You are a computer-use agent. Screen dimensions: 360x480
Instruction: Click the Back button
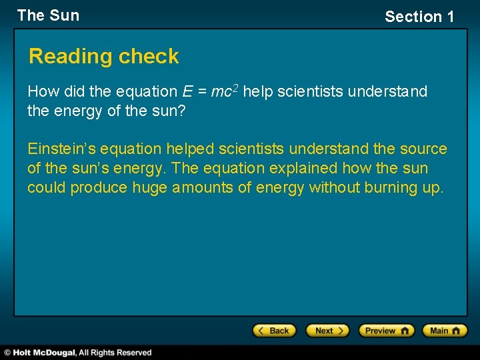tap(274, 331)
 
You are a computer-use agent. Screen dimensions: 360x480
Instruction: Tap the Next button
tap(327, 331)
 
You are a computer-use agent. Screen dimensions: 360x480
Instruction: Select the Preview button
tap(386, 331)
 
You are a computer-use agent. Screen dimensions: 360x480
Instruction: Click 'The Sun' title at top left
tap(48, 15)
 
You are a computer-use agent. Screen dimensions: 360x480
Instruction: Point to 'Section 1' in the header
tap(419, 17)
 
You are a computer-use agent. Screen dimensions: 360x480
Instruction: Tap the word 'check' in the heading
tap(151, 57)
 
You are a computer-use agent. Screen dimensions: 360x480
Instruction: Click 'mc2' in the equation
tap(224, 91)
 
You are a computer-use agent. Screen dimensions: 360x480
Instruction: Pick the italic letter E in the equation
tap(187, 91)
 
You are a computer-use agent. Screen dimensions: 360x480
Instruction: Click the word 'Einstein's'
tap(61, 149)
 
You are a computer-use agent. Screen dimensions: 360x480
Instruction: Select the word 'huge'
tap(150, 187)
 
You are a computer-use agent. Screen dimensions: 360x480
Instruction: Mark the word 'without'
tap(335, 187)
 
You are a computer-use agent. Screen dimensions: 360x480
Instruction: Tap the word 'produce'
tap(99, 187)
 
